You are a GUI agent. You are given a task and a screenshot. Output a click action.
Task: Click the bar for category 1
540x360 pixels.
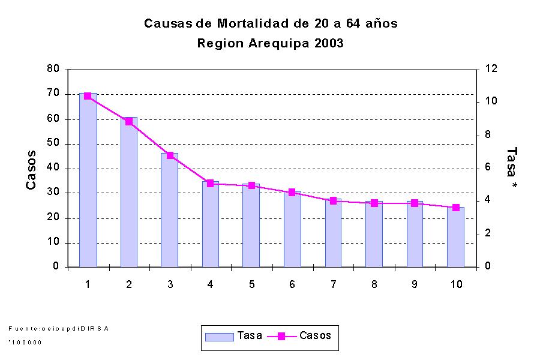point(88,180)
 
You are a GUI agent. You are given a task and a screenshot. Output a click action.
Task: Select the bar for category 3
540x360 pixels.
point(169,210)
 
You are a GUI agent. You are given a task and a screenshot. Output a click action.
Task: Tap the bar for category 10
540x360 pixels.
point(455,237)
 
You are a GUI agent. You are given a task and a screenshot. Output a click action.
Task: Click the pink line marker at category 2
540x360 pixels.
point(129,121)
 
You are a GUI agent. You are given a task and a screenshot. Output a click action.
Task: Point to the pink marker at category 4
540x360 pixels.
point(210,183)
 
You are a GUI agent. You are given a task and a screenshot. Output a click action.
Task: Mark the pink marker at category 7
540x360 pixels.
point(333,200)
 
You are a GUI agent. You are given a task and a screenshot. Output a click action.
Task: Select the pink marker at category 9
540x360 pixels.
point(415,203)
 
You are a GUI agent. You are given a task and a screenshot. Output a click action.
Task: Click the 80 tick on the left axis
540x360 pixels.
point(53,69)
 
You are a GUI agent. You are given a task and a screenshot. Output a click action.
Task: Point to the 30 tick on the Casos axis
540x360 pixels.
point(53,193)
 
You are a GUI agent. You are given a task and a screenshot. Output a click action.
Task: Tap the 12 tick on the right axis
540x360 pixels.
point(491,69)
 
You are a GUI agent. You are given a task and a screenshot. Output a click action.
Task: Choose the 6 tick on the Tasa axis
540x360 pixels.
point(488,167)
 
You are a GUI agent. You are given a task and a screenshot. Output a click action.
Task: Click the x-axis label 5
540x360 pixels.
point(251,284)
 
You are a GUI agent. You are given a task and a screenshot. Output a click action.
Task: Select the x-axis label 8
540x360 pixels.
point(374,284)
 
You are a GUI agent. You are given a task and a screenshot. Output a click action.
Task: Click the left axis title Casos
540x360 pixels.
point(31,170)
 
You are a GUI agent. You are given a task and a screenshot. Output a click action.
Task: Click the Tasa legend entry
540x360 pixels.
point(234,336)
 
